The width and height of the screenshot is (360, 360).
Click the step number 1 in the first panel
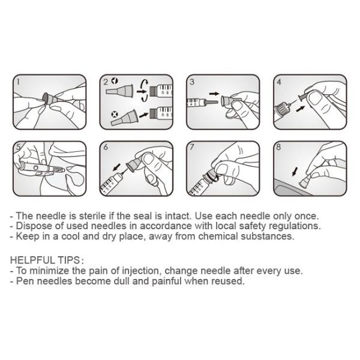pos(19,82)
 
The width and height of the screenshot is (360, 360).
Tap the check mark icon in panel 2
pos(115,81)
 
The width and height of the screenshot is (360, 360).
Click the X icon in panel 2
pos(114,114)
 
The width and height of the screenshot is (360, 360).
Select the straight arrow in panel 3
pos(214,94)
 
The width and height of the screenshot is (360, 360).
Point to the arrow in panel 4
pos(301,109)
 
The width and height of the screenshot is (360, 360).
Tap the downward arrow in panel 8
pos(295,172)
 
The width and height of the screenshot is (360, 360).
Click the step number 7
pos(192,147)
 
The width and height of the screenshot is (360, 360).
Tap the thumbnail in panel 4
pos(316,97)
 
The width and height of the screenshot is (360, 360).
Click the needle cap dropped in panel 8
pos(304,182)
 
